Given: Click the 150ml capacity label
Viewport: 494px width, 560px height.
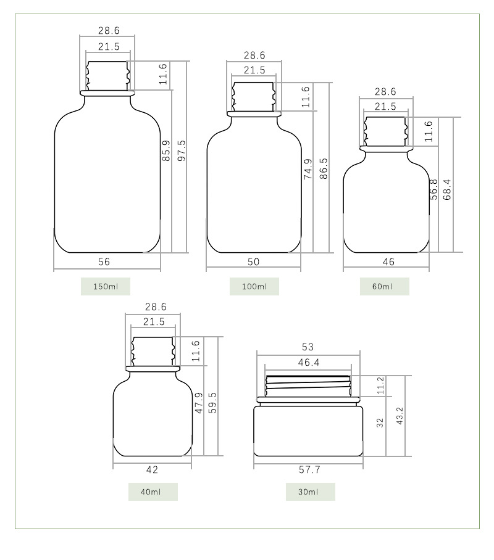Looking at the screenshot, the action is (106, 286).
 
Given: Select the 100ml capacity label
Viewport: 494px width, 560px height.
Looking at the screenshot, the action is (254, 286).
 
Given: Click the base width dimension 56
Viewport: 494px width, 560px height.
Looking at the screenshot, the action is (104, 261).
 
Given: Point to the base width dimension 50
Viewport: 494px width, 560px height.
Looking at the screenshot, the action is (253, 261).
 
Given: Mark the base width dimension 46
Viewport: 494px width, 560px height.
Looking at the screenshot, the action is (388, 261).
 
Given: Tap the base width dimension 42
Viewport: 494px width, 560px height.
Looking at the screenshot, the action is (152, 469).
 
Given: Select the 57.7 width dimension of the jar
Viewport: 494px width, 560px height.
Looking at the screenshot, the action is (309, 469).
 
